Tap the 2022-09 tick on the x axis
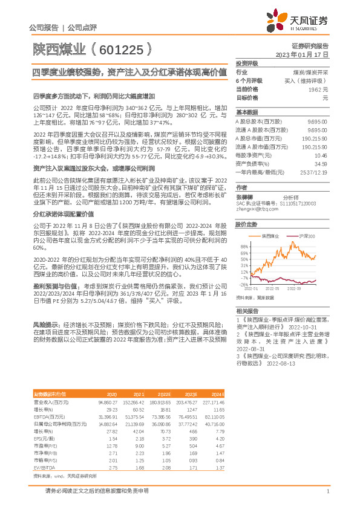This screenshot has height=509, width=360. point(313,289)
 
